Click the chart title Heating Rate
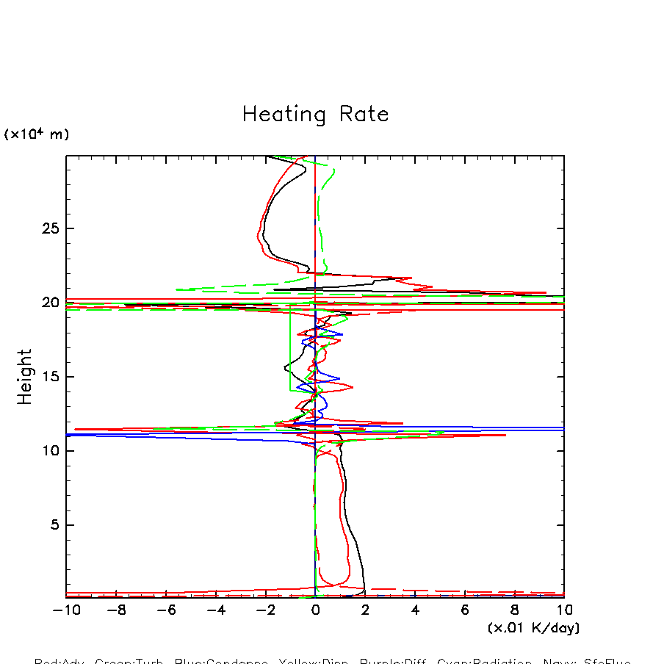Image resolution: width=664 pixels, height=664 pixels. tap(315, 115)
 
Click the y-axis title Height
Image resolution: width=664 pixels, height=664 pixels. tap(25, 376)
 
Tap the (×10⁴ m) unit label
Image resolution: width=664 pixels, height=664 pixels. tap(37, 134)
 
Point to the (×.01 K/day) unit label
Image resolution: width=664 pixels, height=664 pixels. tap(533, 628)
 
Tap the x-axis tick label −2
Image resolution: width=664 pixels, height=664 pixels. tap(265, 610)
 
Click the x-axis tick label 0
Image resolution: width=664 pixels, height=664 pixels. tap(315, 610)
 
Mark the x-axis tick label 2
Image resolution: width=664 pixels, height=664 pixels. tap(365, 610)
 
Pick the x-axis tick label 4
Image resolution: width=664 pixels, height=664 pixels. tap(415, 610)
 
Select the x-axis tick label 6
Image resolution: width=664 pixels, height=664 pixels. tap(465, 610)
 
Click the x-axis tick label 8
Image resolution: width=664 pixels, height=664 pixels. tap(514, 610)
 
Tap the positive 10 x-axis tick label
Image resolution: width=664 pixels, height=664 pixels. tap(564, 610)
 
